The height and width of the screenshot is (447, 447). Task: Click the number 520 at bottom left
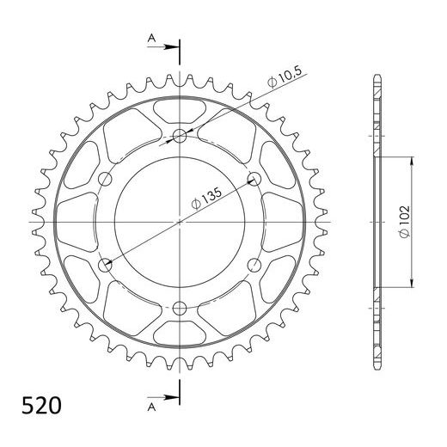41,406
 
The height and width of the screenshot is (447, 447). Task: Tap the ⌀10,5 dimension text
285,77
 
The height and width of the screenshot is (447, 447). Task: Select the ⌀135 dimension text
206,199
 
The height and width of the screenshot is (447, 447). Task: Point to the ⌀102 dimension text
405,222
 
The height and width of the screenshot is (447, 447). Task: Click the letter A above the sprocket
151,38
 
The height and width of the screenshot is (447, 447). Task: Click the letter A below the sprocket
151,407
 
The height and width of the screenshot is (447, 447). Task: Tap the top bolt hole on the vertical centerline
180,136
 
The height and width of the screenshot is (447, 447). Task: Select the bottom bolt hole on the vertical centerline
180,309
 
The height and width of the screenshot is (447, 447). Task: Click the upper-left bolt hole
105,179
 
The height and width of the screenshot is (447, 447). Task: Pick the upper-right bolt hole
254,179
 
